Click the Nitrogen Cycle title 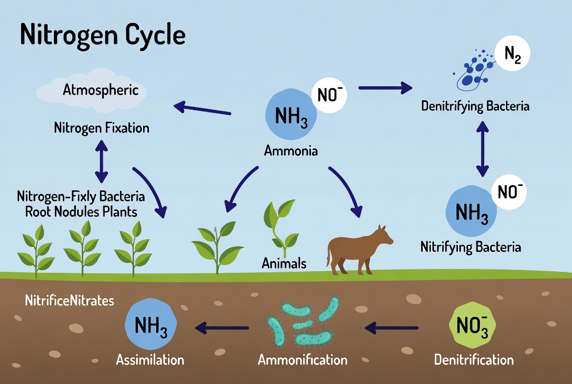point(103,35)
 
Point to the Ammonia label point(291,150)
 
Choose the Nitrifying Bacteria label point(471,246)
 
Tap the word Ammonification point(303,360)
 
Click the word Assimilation point(150,360)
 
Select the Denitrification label point(474,360)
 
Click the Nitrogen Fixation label point(101,128)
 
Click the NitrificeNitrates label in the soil point(69,300)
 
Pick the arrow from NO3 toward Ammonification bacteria point(392,328)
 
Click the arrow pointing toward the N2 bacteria point(385,88)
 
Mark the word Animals point(284,264)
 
